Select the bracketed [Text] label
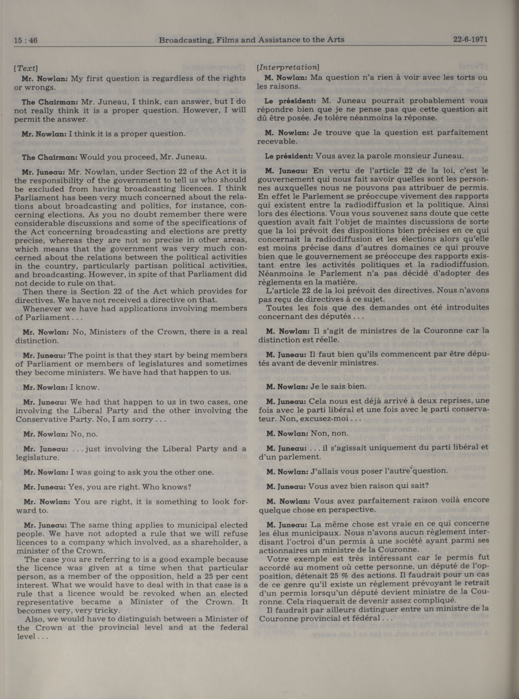pos(26,68)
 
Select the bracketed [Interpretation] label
pos(288,67)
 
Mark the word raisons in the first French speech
pos(281,86)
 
